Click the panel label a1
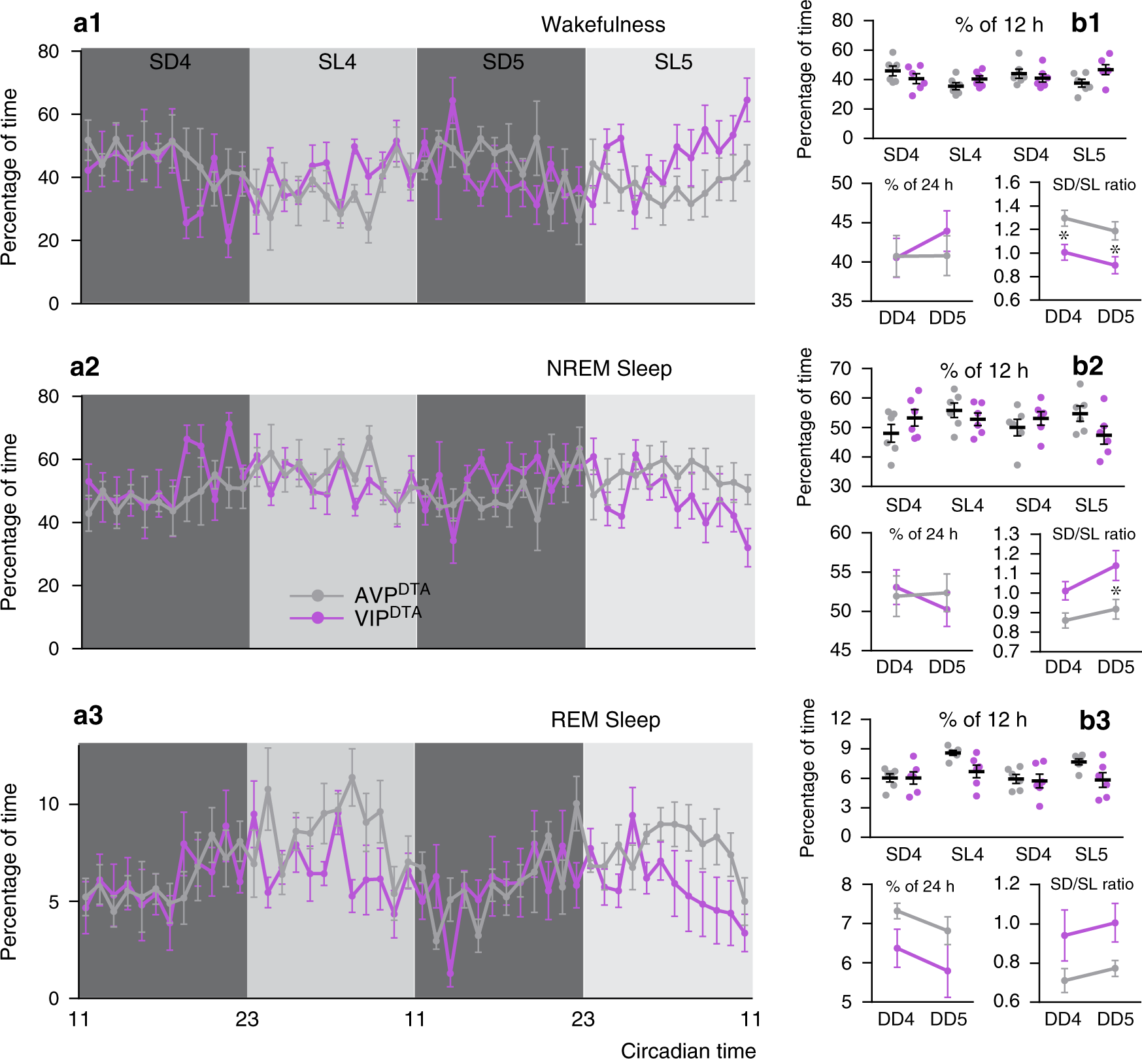[x=87, y=24]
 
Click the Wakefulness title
[x=603, y=25]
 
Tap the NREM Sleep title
[x=609, y=369]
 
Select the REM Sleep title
[x=605, y=720]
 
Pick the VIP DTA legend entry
[x=387, y=616]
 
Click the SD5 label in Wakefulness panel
[x=503, y=62]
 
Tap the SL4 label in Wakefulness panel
[x=337, y=62]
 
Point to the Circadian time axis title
[x=688, y=1050]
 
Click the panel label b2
[x=1087, y=366]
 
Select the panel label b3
[x=1094, y=720]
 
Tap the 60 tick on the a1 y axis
[x=48, y=114]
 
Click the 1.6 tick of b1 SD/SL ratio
[x=1007, y=182]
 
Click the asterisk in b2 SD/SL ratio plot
[x=1116, y=592]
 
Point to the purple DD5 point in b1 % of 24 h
[x=947, y=231]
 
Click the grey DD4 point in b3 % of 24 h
[x=897, y=911]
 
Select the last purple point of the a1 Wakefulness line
[x=747, y=101]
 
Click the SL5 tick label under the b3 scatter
[x=1091, y=854]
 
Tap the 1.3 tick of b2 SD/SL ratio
[x=1007, y=535]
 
